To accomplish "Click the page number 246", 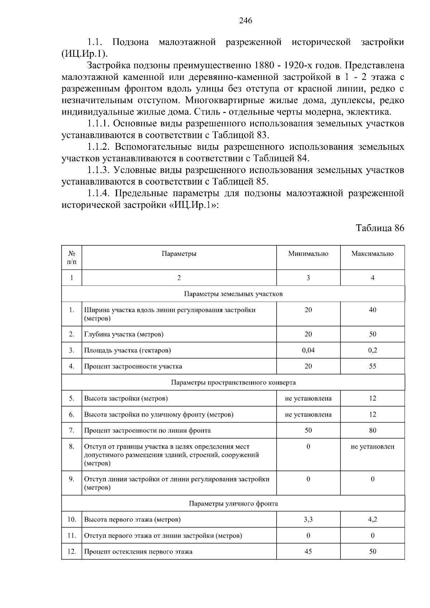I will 245,21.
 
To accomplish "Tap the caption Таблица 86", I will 379,228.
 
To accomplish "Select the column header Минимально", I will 308,254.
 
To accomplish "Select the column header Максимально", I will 372,254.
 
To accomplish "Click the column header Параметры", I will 179,254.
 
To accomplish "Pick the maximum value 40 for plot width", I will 372,310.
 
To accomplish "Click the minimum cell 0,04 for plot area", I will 308,350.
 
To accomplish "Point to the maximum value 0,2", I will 372,350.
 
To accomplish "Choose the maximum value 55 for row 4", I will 372,366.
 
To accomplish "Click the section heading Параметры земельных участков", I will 233,294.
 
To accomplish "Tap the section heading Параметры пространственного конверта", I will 233,382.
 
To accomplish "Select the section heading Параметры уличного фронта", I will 233,503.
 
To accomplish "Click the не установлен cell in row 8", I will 372,446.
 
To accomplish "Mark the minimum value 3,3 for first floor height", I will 308,520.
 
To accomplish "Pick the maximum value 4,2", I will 372,520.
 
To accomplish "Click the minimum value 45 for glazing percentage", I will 308,551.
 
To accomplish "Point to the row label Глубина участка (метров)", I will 124,334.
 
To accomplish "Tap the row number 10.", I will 72,520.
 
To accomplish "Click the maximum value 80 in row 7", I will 372,430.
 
